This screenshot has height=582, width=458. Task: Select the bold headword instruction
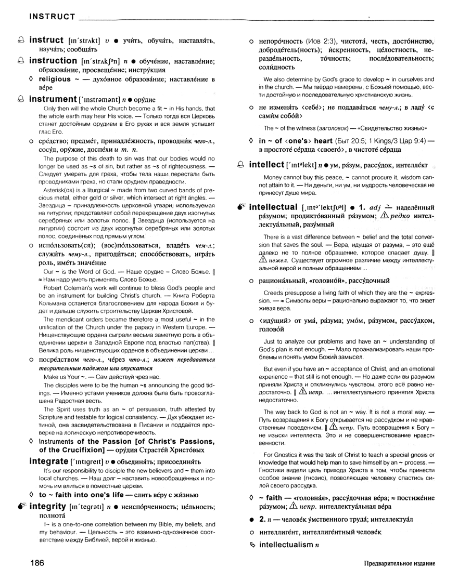click(54, 61)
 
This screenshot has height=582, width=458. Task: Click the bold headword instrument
click(53, 99)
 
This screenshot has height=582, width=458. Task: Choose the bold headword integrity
click(49, 506)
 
